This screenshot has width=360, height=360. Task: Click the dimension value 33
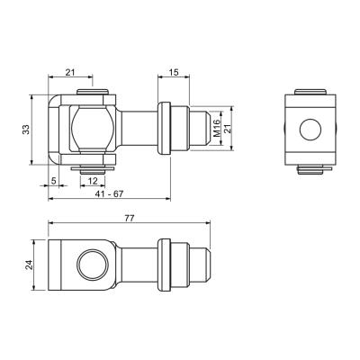pos(27,130)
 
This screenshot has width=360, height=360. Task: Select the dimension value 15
pos(174,72)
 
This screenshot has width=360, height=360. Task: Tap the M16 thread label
pos(217,128)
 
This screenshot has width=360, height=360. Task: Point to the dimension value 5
pos(54,181)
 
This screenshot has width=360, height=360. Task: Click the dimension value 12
pos(94,181)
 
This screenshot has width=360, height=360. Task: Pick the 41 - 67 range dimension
pos(109,193)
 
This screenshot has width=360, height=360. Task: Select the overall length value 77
pos(130,219)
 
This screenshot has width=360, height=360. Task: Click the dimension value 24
pos(29,265)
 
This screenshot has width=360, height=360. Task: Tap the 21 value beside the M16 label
pos(227,128)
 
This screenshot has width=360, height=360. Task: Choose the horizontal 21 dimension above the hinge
pos(70,72)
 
